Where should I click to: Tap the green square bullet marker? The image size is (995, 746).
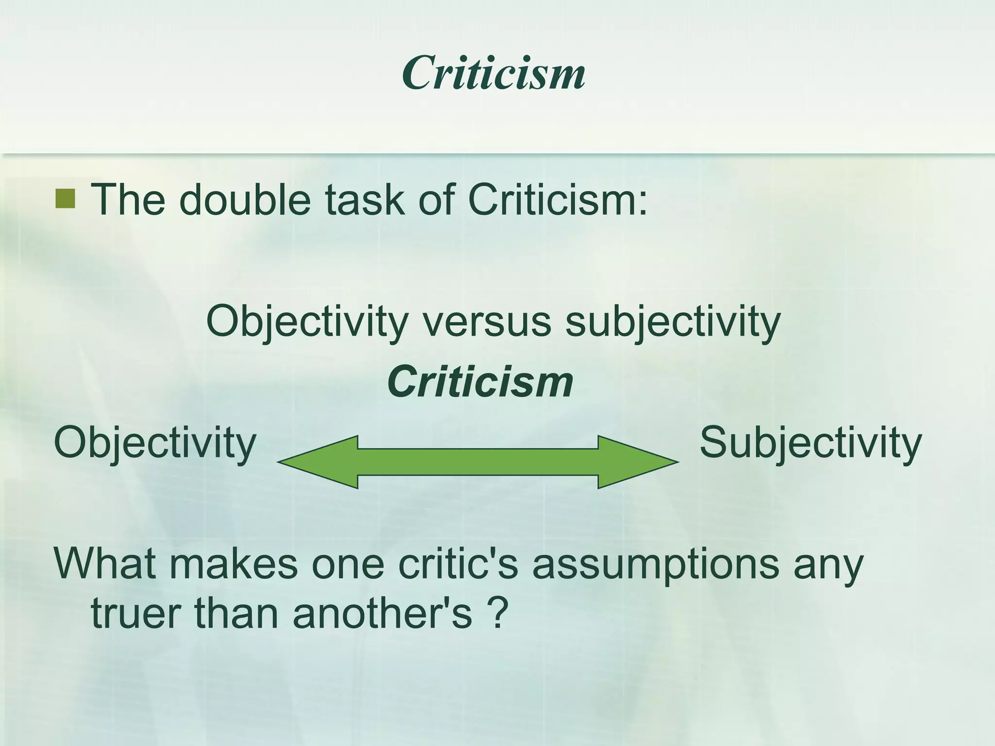coord(65,199)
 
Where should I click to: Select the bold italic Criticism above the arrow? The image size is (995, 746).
coord(480,382)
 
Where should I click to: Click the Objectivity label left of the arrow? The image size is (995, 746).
coord(155,443)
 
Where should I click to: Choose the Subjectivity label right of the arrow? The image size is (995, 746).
coord(810,443)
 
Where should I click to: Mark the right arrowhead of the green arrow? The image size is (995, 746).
coord(636,462)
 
